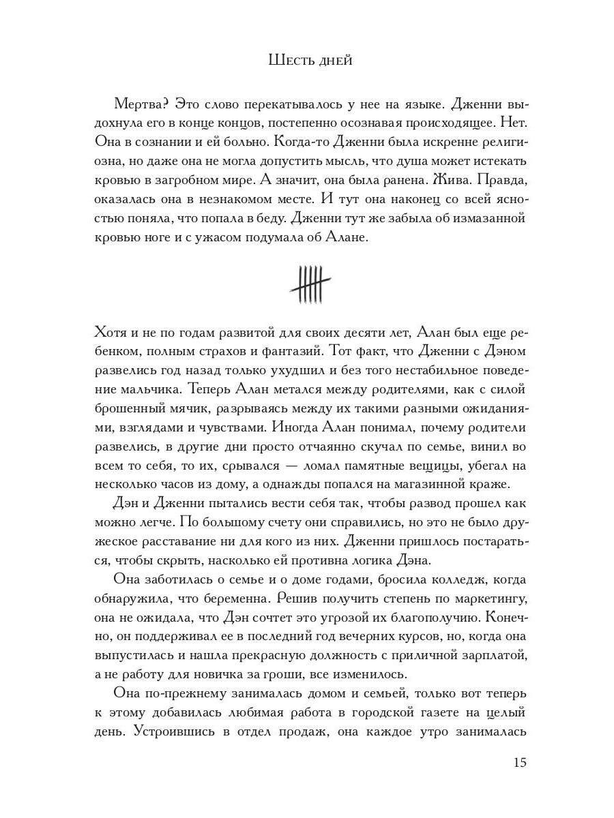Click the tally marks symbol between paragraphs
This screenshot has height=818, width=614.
tap(310, 283)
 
